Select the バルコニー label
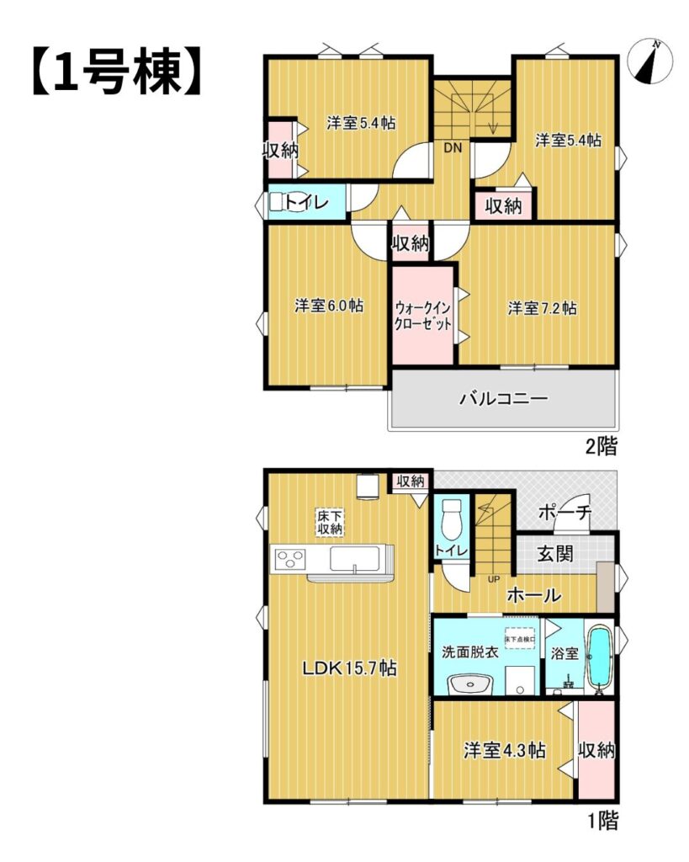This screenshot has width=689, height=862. [503, 398]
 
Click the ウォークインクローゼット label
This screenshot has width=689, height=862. [422, 316]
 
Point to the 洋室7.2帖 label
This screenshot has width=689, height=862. [542, 308]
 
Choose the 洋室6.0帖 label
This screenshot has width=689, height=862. [329, 306]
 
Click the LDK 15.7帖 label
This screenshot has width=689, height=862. [350, 668]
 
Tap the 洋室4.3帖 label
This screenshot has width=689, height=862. [505, 750]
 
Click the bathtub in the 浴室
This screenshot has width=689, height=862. [600, 657]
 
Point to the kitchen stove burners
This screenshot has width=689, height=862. [290, 560]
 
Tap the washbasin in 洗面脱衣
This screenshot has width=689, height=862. [471, 685]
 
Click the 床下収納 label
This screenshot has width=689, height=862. [330, 522]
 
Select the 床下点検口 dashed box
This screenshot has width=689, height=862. [520, 640]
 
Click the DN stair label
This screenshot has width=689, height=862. [453, 147]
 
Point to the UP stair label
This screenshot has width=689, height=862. [493, 579]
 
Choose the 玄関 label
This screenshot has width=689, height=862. [555, 554]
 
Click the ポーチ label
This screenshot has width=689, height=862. [564, 513]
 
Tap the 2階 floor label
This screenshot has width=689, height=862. [601, 446]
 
